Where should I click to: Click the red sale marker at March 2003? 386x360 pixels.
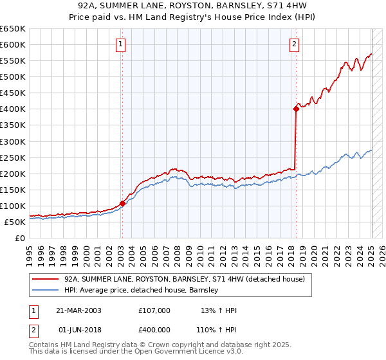click(x=122, y=203)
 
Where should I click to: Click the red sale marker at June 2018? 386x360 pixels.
click(x=296, y=109)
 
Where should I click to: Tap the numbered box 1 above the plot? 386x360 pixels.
click(x=121, y=44)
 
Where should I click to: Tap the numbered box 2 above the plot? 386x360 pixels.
click(x=294, y=44)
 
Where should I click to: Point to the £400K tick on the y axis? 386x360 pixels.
click(x=14, y=109)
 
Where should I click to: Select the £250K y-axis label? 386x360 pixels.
click(x=14, y=157)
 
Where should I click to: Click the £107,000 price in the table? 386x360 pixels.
click(x=154, y=310)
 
